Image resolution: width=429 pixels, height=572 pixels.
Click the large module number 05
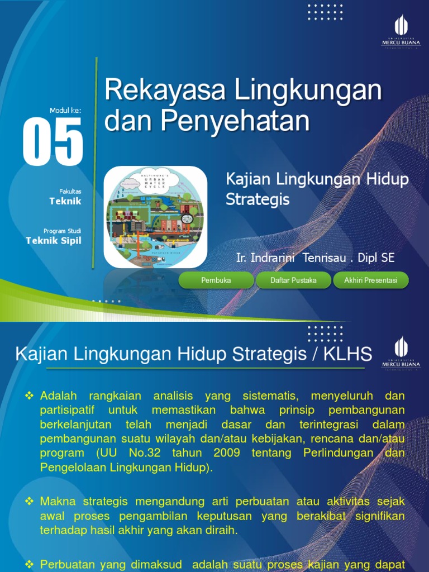click(x=53, y=141)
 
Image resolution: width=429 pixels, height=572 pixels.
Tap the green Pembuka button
click(x=216, y=280)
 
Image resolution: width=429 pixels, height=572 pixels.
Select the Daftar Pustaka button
click(x=293, y=280)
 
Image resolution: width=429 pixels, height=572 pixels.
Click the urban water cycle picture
click(x=155, y=217)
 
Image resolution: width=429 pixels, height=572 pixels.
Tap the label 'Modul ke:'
click(x=65, y=111)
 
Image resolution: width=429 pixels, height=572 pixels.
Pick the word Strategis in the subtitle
click(x=258, y=199)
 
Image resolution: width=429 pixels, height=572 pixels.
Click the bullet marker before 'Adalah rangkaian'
click(x=30, y=396)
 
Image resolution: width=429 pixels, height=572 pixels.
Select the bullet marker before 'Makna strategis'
click(x=30, y=501)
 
